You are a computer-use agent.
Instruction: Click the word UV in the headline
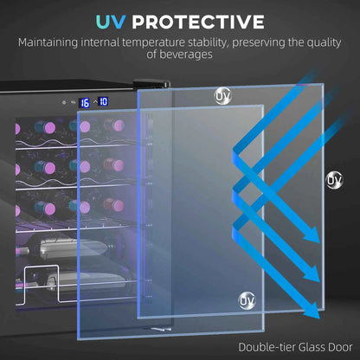coord(111,22)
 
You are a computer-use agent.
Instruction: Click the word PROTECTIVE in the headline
coord(198,22)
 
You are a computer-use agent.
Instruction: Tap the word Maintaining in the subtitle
coord(48,43)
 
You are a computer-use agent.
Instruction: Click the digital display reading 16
coord(85,103)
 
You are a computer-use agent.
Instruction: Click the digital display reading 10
coord(103,101)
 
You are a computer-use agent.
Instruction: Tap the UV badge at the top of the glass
coord(222,96)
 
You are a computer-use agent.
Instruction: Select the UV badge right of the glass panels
coord(335,180)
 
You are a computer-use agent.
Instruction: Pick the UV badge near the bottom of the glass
coord(247,300)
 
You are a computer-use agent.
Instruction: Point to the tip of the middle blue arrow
coord(318,280)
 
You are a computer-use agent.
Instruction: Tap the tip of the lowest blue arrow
coord(318,318)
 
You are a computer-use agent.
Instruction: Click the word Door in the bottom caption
coord(340,347)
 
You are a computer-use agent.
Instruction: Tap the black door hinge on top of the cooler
coord(151,83)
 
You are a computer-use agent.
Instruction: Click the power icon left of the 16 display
coord(64,102)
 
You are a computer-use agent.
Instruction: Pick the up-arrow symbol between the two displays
coord(95,102)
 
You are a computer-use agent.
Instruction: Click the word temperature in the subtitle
coord(154,42)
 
